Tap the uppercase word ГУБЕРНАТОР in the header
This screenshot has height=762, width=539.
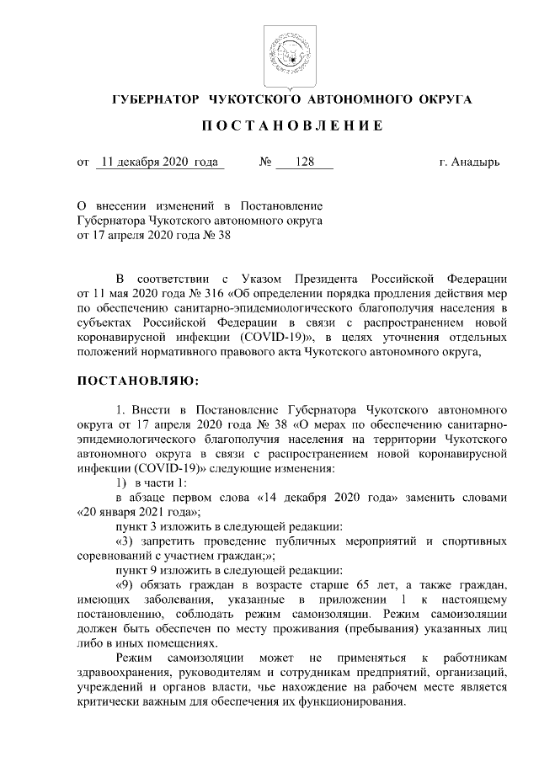pos(154,99)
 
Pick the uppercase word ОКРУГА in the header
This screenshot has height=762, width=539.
pos(441,99)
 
